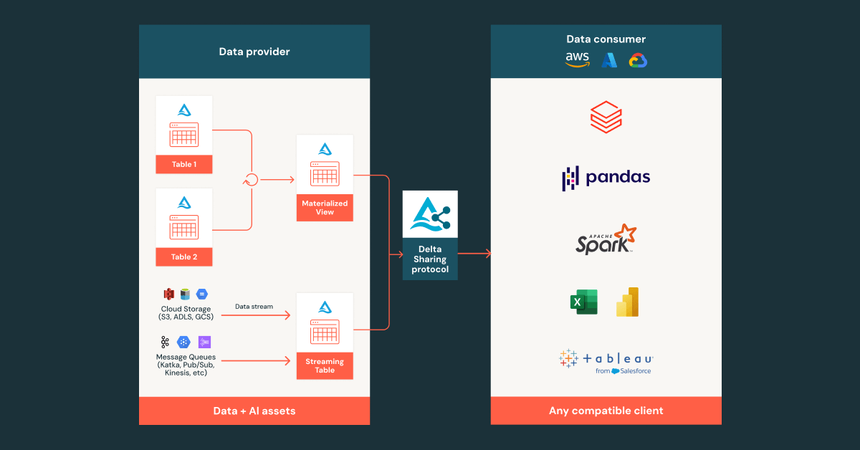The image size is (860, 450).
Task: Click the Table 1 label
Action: point(183,164)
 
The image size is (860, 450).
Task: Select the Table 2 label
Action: point(183,257)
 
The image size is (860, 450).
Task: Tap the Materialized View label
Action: point(325,207)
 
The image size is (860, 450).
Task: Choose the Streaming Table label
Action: point(325,365)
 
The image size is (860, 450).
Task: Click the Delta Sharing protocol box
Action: point(430,235)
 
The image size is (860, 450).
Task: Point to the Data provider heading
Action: point(254,52)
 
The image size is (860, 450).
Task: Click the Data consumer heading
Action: point(606,39)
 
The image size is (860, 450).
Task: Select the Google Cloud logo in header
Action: point(638,61)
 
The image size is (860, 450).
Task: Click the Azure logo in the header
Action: point(609,61)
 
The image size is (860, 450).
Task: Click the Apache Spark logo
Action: point(606,239)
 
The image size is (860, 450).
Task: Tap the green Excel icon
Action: point(584,302)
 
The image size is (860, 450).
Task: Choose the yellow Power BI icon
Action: point(627,302)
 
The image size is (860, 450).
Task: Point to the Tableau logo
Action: point(606,360)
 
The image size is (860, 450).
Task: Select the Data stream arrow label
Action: point(254,307)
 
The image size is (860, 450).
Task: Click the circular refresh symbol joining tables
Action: point(251,180)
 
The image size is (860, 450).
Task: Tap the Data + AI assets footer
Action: point(254,411)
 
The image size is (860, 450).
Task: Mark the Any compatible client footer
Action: point(606,411)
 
